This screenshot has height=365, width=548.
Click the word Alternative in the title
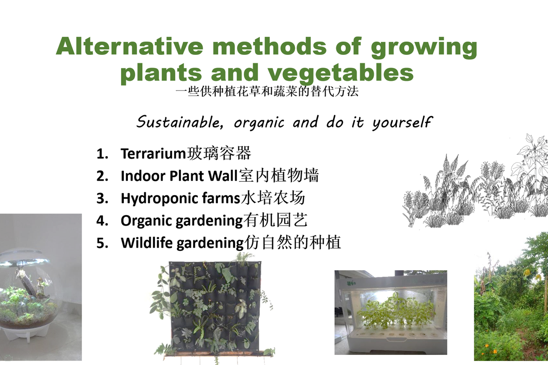(x=130, y=46)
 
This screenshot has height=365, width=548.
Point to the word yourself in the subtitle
(x=402, y=122)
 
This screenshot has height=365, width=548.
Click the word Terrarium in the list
(x=153, y=154)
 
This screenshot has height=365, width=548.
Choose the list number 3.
(x=102, y=198)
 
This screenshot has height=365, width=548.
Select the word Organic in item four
(x=147, y=221)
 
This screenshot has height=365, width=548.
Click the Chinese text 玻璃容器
(x=219, y=153)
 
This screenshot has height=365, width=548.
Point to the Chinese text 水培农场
(x=273, y=198)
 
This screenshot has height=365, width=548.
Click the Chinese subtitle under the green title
(x=267, y=91)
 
